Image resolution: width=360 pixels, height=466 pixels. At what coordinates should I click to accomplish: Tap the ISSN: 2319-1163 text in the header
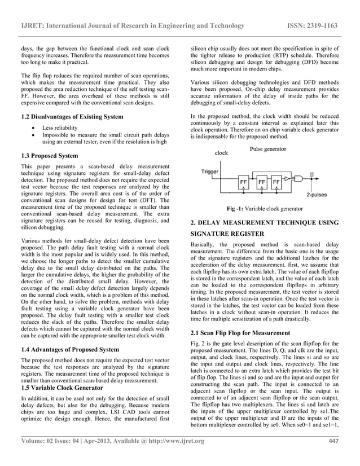coord(320,25)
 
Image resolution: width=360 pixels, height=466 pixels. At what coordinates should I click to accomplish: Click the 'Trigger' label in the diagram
coord(210,172)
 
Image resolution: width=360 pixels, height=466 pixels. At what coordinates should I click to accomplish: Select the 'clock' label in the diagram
coord(222,152)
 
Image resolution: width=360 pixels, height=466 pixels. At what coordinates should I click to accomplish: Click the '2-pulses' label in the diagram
coord(316,194)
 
